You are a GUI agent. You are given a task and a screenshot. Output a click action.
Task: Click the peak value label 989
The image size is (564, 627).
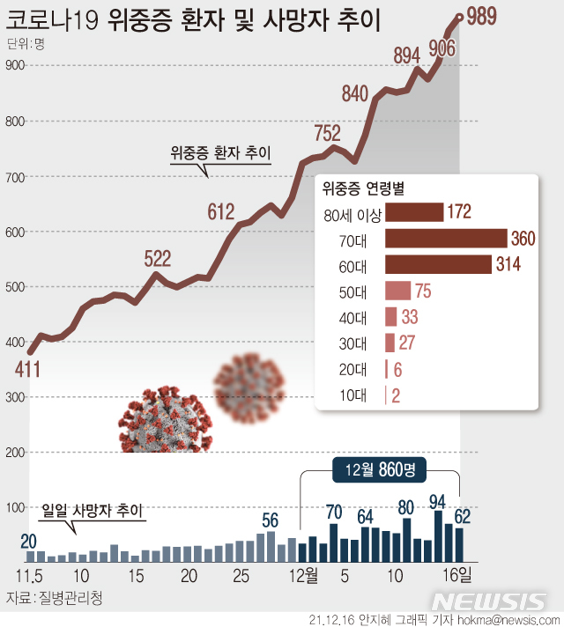tap(486, 21)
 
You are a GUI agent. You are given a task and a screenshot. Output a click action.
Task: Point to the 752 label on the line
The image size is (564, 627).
tap(327, 133)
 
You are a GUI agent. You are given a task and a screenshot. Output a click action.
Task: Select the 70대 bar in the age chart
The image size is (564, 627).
tap(446, 239)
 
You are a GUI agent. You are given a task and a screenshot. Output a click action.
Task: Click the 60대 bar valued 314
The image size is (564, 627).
tap(437, 265)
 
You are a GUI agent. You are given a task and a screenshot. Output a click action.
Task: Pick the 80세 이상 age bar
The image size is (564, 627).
tap(413, 212)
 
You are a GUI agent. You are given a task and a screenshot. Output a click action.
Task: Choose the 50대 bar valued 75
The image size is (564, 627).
tap(398, 291)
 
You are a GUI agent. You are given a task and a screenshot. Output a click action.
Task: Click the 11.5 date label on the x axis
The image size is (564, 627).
tap(31, 576)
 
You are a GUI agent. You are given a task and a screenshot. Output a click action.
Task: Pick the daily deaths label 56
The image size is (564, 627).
tap(270, 520)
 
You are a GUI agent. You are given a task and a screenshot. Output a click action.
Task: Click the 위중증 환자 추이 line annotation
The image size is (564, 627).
tap(219, 153)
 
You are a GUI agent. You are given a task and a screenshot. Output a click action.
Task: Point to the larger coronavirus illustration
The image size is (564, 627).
tap(162, 421)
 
